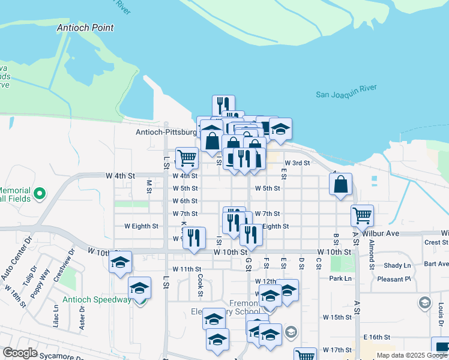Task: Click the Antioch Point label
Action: point(85,28)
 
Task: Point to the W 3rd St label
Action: point(297,163)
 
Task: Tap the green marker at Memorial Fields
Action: point(40,193)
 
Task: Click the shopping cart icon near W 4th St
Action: point(187,158)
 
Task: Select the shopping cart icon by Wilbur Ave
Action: point(362,215)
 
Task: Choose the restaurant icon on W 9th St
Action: point(193,237)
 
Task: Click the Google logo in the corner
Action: point(20,353)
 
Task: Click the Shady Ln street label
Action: point(397,265)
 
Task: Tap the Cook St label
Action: point(200,285)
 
